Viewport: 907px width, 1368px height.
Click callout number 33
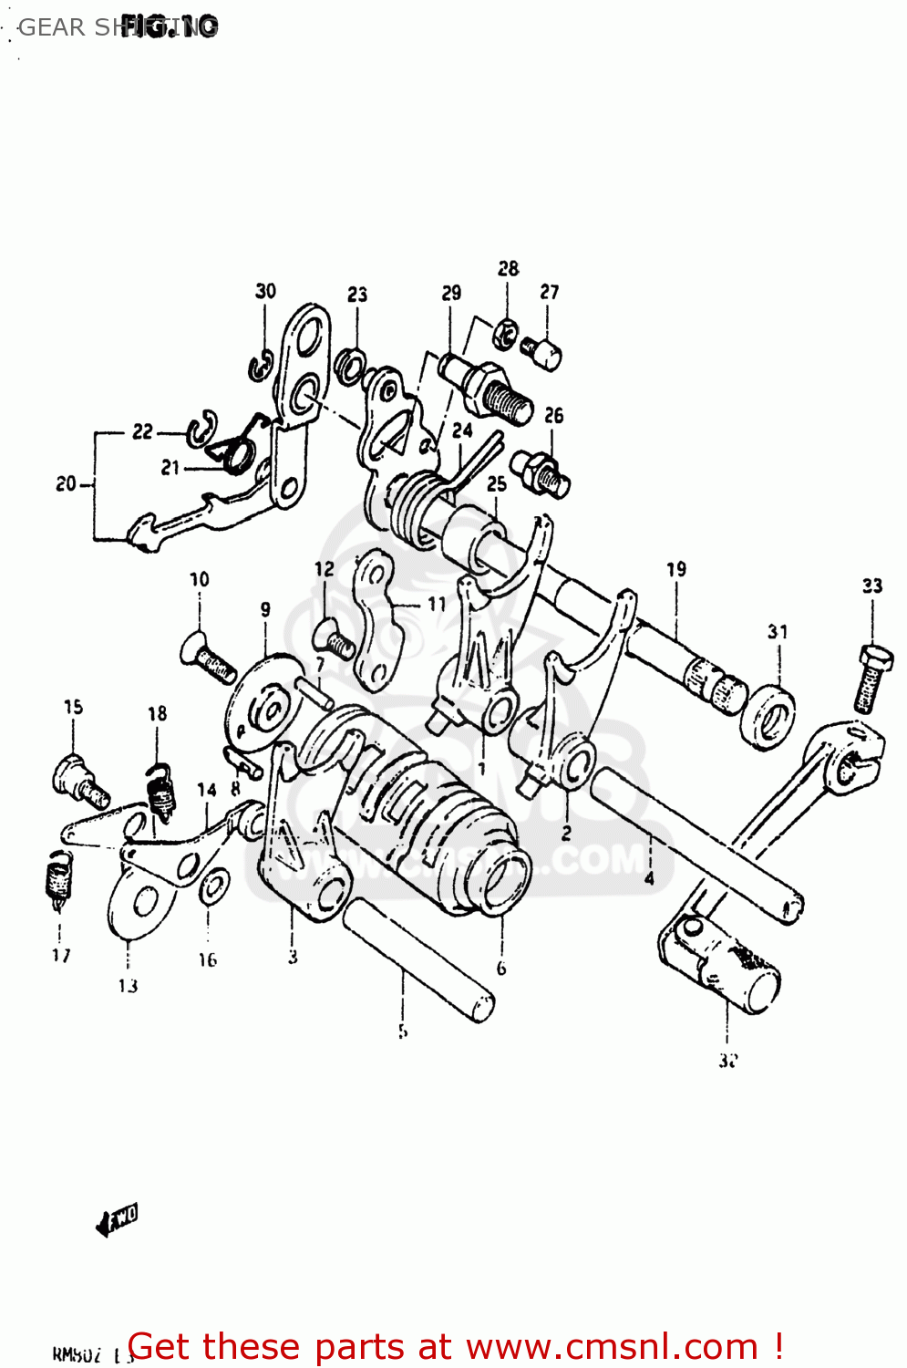point(872,586)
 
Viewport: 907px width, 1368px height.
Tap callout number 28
point(508,268)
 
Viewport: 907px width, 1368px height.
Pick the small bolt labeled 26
point(542,472)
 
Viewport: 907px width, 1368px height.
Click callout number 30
point(265,291)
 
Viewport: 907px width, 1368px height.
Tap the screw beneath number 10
point(211,659)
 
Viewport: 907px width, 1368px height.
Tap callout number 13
point(128,985)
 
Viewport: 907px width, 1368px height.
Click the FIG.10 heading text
point(170,26)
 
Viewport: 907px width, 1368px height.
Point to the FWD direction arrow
point(117,1219)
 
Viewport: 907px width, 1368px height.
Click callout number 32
point(727,1061)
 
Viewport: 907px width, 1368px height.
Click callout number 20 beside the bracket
point(66,483)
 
